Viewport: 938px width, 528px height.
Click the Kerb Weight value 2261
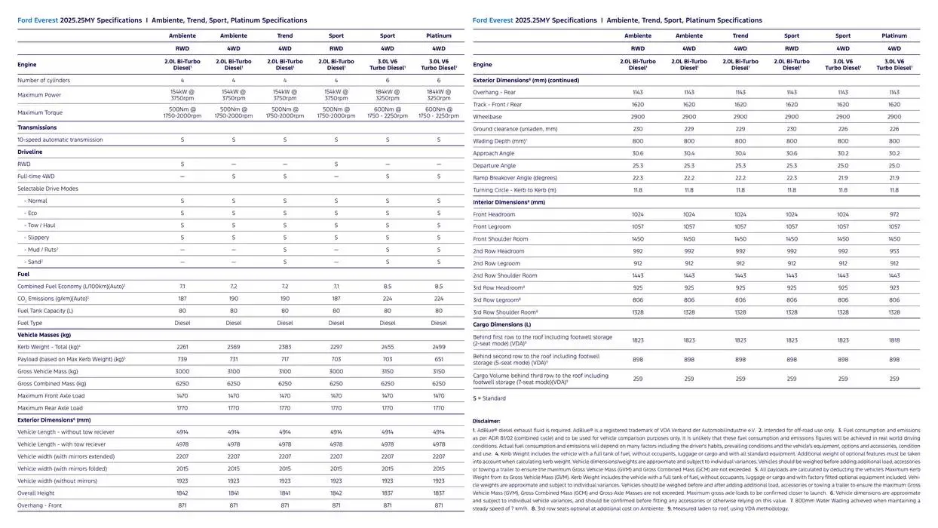[x=182, y=347]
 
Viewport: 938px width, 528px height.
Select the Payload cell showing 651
[x=439, y=359]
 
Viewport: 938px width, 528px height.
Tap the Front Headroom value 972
[x=894, y=214]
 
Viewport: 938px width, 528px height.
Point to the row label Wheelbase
[x=487, y=117]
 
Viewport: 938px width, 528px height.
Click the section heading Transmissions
[x=38, y=127]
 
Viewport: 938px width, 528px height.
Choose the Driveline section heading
[x=30, y=152]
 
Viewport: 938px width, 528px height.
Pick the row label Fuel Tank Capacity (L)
[x=45, y=311]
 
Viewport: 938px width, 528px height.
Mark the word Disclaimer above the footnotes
[x=486, y=421]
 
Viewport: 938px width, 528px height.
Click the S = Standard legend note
[x=489, y=398]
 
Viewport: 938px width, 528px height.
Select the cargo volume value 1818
[x=894, y=340]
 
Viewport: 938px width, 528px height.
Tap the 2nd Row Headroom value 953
[x=894, y=251]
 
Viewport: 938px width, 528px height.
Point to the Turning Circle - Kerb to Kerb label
[x=514, y=190]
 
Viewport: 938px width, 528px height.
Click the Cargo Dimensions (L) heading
[x=502, y=324]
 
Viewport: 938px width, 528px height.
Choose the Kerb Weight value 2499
[x=439, y=347]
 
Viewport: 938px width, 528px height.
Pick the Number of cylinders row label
[x=44, y=80]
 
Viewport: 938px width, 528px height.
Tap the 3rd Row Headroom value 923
[x=894, y=287]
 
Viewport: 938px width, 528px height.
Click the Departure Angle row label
[x=495, y=165]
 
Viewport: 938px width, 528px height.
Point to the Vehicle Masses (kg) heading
[x=44, y=335]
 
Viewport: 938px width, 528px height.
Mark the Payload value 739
[x=182, y=359]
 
